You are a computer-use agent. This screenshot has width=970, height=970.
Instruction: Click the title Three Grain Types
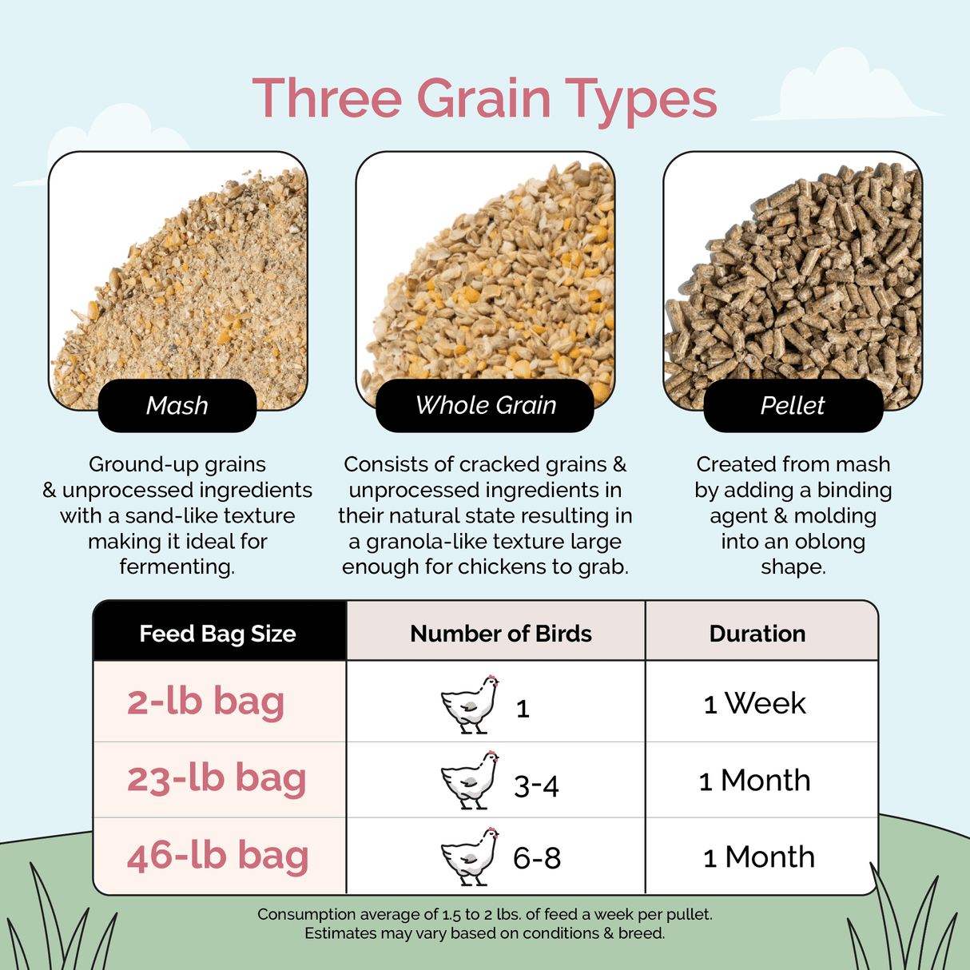tap(484, 99)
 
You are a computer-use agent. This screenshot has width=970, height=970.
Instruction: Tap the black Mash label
tap(177, 406)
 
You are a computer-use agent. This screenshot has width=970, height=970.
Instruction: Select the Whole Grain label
tap(485, 406)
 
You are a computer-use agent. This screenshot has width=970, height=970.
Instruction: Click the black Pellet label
tap(793, 406)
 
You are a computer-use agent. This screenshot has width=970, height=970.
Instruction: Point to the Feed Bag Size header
tap(217, 634)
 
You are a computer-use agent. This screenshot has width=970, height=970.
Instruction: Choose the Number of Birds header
tap(501, 634)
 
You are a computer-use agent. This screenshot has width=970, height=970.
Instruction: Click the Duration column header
tap(757, 634)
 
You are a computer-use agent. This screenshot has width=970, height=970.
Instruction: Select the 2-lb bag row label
tap(205, 702)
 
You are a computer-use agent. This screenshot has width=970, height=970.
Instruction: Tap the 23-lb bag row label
tap(217, 778)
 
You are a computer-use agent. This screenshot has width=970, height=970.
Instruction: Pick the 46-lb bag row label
tap(217, 856)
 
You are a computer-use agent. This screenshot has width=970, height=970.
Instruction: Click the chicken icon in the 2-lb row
tap(470, 704)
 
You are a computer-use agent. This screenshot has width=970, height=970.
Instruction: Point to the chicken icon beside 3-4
tap(470, 780)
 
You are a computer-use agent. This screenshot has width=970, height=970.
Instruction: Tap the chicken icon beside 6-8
tap(470, 857)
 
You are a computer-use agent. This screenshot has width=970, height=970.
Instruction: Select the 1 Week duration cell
tap(755, 704)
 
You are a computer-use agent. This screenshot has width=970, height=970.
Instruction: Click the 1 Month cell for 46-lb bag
tap(759, 857)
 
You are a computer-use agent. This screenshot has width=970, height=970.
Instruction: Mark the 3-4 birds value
tap(536, 786)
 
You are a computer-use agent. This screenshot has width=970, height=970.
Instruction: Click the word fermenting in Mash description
tap(176, 567)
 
